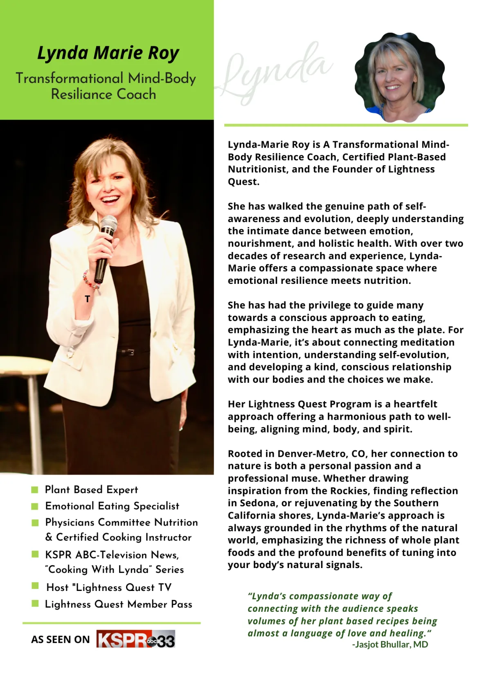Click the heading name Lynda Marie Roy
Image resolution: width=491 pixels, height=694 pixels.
tap(108, 53)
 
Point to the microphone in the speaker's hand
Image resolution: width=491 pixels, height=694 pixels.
tap(105, 245)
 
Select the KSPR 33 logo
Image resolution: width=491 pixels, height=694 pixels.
tap(136, 639)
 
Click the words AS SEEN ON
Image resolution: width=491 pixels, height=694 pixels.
tap(60, 639)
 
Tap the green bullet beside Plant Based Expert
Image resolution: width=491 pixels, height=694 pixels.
tap(35, 490)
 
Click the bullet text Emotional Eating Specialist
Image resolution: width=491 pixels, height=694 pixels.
tap(112, 506)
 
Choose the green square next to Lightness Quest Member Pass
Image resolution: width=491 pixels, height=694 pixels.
tap(35, 604)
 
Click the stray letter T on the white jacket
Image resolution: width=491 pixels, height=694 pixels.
tap(87, 299)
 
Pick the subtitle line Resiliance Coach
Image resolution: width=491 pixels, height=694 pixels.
tap(104, 94)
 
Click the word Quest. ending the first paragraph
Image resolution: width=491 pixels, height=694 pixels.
tap(243, 182)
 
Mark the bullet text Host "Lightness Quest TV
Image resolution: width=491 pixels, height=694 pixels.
tap(109, 588)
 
